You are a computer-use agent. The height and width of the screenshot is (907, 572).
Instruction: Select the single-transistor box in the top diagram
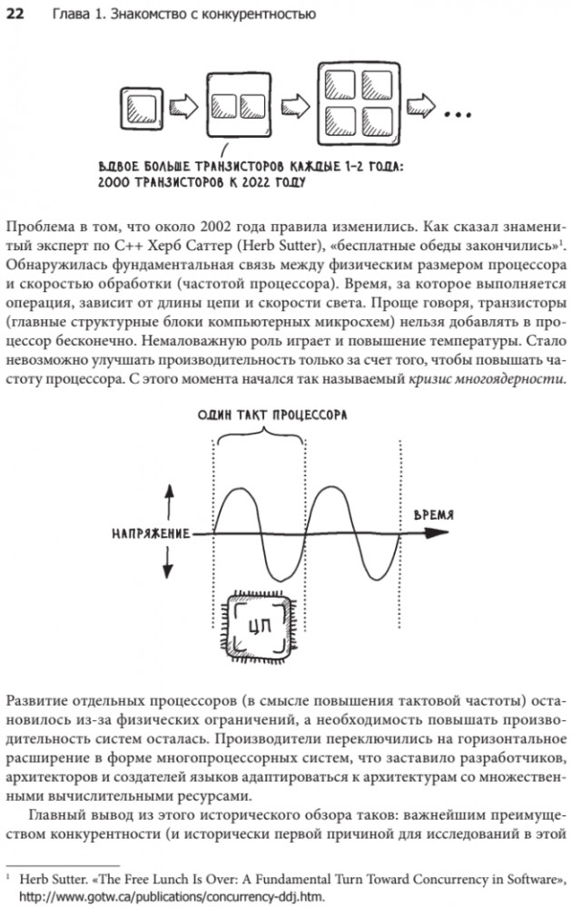click(x=142, y=111)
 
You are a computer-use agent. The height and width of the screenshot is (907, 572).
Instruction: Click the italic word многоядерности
click(x=510, y=376)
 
